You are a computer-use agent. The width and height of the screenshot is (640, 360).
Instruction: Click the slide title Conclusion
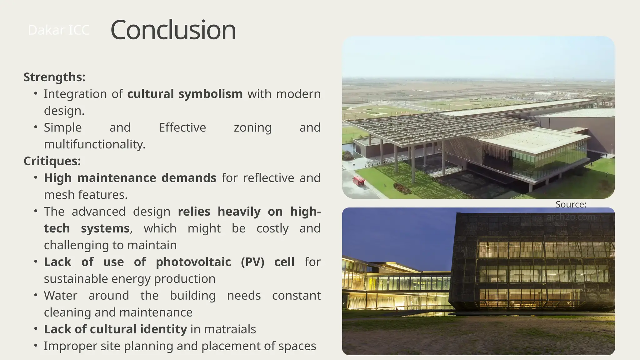click(173, 30)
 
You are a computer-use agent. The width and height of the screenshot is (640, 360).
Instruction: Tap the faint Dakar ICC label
click(58, 30)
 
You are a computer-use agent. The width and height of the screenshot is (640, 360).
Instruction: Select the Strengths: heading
click(54, 77)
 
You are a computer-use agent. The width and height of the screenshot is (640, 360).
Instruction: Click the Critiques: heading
click(52, 161)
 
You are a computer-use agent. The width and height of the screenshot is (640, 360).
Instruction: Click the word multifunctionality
click(94, 144)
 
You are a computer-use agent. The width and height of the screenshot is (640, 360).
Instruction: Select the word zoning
click(252, 128)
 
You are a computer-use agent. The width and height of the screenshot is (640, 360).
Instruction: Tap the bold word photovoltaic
click(193, 262)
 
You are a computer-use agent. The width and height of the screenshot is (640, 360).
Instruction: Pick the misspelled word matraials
click(230, 329)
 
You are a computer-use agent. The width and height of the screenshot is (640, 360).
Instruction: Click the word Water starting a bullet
click(60, 296)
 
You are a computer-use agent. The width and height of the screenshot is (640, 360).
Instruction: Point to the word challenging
click(83, 245)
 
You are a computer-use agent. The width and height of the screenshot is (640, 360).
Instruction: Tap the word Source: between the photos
click(571, 204)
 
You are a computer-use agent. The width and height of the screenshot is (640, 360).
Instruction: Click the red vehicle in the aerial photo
click(358, 181)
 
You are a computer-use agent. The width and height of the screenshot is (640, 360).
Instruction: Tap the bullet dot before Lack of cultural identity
click(36, 329)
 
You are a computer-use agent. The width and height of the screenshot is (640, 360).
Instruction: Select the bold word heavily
click(239, 212)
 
